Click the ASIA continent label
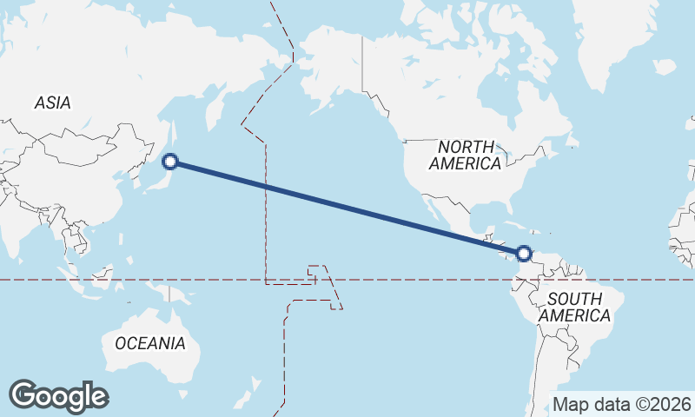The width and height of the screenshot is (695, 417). pos(52,103)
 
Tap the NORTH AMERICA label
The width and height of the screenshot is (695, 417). pos(465,155)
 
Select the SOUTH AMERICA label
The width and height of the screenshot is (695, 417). pos(574,308)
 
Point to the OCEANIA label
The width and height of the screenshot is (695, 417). pos(149,343)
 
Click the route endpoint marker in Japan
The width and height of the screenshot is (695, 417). pos(171,161)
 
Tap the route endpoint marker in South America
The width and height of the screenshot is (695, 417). pos(523,254)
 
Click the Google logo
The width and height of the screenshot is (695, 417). pos(59,396)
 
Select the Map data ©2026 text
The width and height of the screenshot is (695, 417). pos(622,404)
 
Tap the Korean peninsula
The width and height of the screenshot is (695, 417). pos(128,174)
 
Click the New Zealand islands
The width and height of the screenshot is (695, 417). pos(252,386)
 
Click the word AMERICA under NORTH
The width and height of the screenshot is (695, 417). pos(465,163)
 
